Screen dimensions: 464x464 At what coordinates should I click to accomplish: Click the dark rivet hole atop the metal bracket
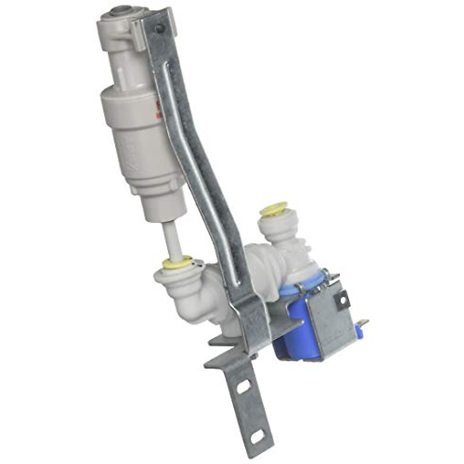click(x=159, y=28)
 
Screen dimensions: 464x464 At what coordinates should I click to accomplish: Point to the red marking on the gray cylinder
click(x=157, y=109)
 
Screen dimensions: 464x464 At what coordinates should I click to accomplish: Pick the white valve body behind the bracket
click(x=267, y=263)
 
